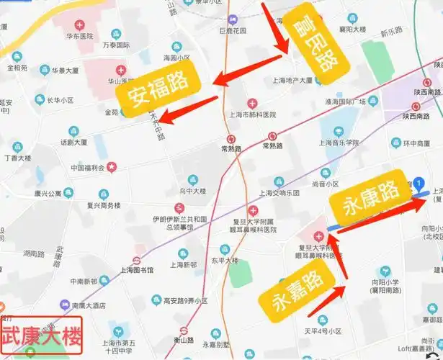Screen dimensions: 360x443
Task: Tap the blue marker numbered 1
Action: click(x=419, y=185)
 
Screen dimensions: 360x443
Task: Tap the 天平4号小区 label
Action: click(x=321, y=332)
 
